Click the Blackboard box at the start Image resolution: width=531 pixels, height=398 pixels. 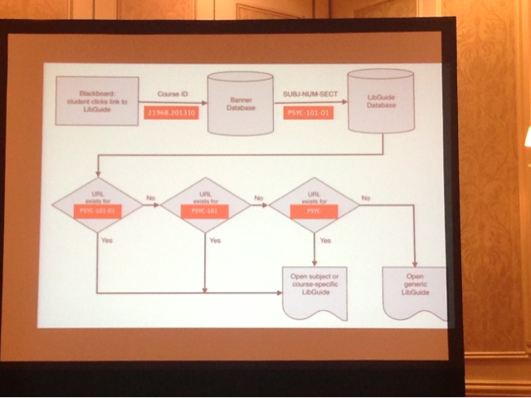click(x=96, y=101)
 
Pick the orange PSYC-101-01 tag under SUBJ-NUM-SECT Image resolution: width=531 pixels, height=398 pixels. click(x=306, y=111)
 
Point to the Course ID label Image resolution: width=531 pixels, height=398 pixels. click(x=171, y=96)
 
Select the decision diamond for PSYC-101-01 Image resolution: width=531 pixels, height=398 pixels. click(x=96, y=204)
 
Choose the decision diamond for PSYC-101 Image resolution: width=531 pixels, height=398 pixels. click(x=204, y=204)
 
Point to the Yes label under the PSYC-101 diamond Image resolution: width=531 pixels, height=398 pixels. click(x=215, y=240)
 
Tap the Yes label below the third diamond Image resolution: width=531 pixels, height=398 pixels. click(x=325, y=239)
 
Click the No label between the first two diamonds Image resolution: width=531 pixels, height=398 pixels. click(x=150, y=198)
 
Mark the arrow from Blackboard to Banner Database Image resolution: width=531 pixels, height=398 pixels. click(x=171, y=103)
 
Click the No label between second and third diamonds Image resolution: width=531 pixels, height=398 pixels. click(x=259, y=198)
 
